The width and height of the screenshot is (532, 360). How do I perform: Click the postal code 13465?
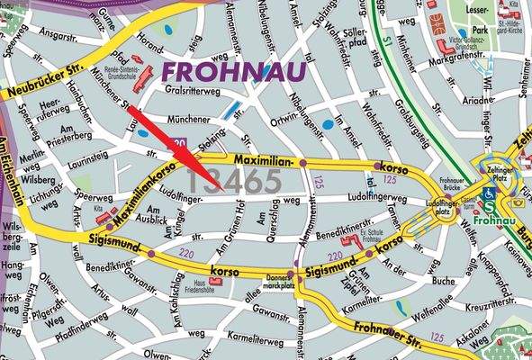[x=235, y=181]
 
